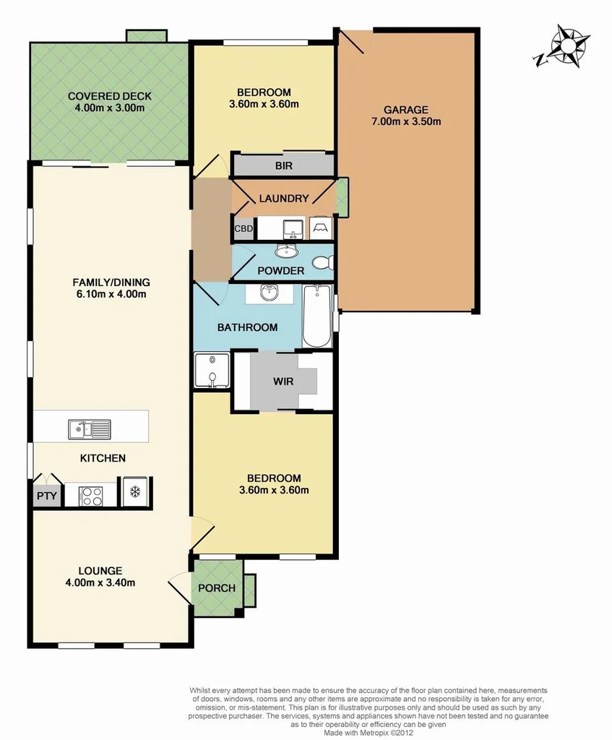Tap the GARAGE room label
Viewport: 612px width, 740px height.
pos(406,110)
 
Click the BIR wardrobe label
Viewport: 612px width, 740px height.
pos(284,165)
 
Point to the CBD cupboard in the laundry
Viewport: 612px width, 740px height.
pos(243,228)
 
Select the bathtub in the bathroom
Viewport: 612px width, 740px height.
pos(316,316)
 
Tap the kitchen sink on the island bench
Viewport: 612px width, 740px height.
pos(90,429)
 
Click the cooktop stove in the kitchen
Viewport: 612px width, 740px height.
pos(90,495)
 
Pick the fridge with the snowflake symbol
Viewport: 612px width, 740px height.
pos(134,491)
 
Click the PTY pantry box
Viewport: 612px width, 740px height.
pos(45,496)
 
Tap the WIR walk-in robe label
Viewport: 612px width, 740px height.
pos(283,381)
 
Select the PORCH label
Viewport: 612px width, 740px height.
pos(217,588)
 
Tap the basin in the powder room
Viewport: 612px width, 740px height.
pos(286,251)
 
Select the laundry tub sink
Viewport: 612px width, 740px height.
pos(293,228)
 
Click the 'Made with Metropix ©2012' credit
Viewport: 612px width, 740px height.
pos(368,732)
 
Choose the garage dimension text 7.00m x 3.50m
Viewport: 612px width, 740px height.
pos(406,121)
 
